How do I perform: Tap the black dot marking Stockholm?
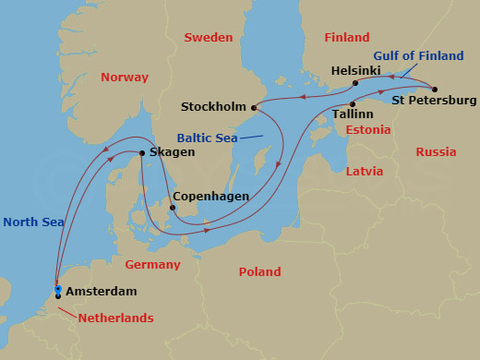tap(256, 105)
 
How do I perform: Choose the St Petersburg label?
tap(434, 100)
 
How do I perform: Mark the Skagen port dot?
tap(140, 153)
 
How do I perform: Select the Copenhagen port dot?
tap(171, 208)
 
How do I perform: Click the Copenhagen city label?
tap(209, 197)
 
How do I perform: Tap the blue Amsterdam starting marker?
tap(57, 290)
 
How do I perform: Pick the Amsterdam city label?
tap(102, 292)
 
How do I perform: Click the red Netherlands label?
tap(114, 318)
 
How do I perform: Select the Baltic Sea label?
tap(208, 138)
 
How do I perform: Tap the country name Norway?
tap(125, 78)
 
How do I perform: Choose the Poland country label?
tap(259, 271)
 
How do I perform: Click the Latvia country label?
tap(364, 172)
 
